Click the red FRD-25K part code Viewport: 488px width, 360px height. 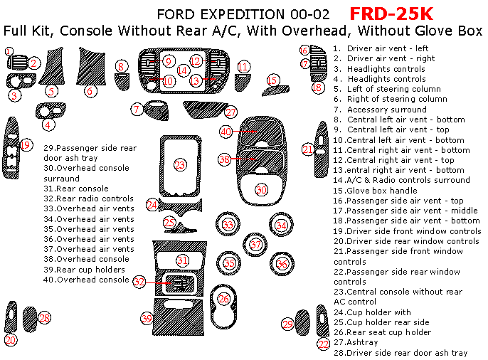[x=391, y=14]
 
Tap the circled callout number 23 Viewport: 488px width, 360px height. [x=180, y=165]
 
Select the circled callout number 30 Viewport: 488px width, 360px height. [x=262, y=190]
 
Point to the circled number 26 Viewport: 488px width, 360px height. [x=224, y=299]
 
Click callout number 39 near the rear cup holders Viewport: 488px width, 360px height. [x=147, y=318]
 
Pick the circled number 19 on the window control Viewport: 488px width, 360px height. [x=26, y=146]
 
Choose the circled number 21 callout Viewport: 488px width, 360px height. [x=307, y=149]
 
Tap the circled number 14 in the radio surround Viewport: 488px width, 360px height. [x=182, y=70]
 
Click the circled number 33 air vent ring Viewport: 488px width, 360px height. [x=228, y=225]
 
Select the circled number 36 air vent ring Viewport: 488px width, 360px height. [x=282, y=264]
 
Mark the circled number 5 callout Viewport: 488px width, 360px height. [x=51, y=90]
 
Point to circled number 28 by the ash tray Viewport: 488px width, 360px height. [x=45, y=318]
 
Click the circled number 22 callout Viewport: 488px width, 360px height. [x=324, y=344]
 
